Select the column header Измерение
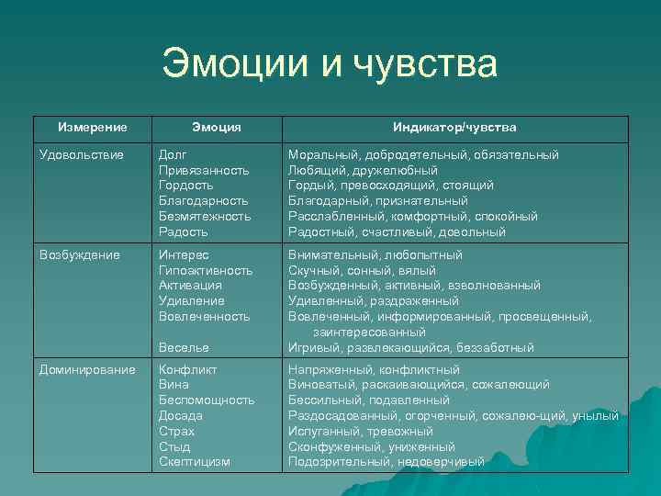(x=92, y=127)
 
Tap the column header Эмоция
(x=217, y=127)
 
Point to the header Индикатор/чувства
(x=454, y=127)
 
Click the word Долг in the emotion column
(x=174, y=154)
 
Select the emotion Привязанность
(x=204, y=170)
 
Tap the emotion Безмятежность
(x=205, y=216)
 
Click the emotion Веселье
(x=184, y=347)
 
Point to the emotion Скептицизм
(x=194, y=462)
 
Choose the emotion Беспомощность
(x=206, y=400)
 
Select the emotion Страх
(x=176, y=431)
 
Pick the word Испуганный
(x=321, y=431)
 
